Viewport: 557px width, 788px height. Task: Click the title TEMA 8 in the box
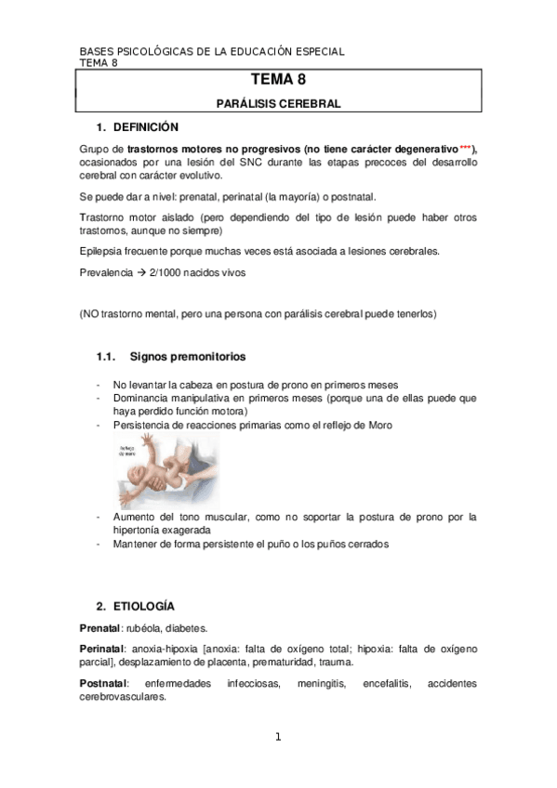[278, 82]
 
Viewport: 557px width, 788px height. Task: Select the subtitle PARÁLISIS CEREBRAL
[278, 104]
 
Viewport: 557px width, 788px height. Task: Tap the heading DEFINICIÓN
[146, 127]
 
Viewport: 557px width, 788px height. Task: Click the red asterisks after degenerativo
[466, 149]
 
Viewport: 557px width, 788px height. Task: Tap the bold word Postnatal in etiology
[102, 684]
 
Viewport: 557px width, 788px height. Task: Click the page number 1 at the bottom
[278, 738]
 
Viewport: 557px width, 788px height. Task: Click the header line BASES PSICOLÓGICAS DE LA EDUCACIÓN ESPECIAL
[212, 51]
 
